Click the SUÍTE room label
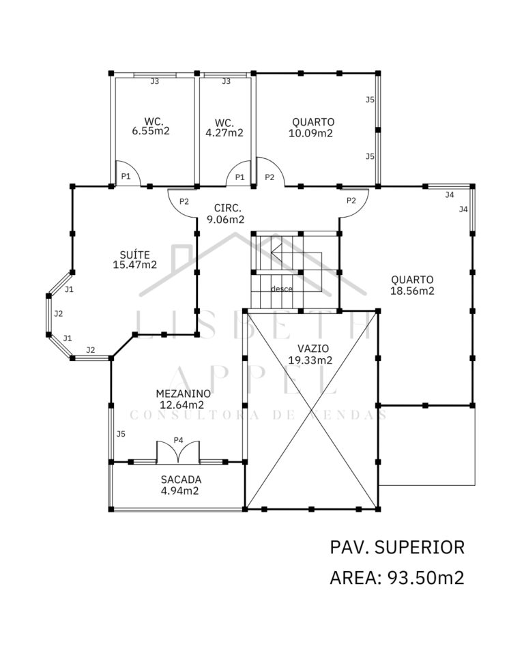click(134, 254)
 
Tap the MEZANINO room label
click(183, 394)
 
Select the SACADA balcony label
click(181, 480)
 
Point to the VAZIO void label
click(313, 349)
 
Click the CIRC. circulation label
click(227, 208)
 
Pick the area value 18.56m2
click(412, 291)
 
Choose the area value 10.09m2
click(310, 133)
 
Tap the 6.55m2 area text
click(151, 131)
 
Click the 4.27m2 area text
click(224, 133)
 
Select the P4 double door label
click(179, 440)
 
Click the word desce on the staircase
click(282, 289)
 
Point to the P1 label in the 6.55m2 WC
click(126, 176)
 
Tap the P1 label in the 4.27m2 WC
click(239, 177)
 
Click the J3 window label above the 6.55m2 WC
click(155, 81)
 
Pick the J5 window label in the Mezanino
click(121, 434)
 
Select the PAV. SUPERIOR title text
click(397, 547)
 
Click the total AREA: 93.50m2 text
click(397, 578)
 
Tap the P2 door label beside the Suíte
click(184, 201)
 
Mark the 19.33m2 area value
click(310, 360)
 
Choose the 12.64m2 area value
click(181, 405)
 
